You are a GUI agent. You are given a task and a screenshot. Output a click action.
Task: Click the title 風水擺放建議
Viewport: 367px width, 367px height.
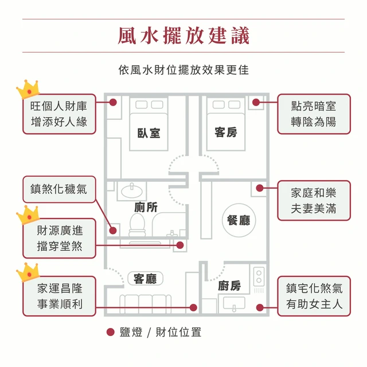click(183, 36)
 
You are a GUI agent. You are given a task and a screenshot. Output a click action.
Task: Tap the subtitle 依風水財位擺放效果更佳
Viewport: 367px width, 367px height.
click(183, 71)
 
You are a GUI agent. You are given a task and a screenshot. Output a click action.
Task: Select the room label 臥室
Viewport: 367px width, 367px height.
click(149, 132)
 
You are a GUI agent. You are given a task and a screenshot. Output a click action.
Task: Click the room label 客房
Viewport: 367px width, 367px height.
click(225, 132)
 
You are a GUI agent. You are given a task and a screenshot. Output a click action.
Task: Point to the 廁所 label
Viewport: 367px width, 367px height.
click(146, 207)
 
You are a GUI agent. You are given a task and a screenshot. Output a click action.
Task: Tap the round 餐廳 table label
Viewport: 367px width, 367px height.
click(239, 220)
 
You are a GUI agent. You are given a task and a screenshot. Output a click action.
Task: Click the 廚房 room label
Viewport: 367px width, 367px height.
click(229, 286)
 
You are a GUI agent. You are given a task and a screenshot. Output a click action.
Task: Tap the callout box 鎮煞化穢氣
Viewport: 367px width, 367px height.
click(59, 189)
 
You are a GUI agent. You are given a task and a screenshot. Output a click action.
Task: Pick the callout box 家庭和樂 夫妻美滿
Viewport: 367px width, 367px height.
click(313, 201)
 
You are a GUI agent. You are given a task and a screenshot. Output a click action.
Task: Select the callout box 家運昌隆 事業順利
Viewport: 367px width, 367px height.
click(59, 296)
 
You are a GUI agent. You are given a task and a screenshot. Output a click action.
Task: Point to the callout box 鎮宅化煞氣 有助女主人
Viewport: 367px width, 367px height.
click(313, 296)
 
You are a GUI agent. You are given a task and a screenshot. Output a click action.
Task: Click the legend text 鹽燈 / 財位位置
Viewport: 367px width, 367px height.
click(160, 332)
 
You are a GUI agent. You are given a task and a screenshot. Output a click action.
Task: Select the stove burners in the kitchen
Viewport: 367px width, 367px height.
click(259, 277)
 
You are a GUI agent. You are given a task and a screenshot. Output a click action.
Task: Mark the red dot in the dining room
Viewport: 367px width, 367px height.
click(260, 188)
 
